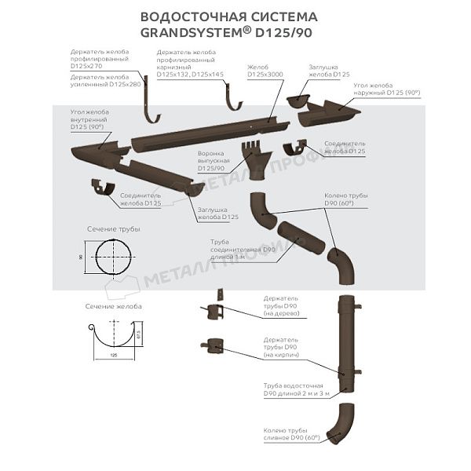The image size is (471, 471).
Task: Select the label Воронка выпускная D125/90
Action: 211,161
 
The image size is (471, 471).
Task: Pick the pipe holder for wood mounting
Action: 216,309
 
